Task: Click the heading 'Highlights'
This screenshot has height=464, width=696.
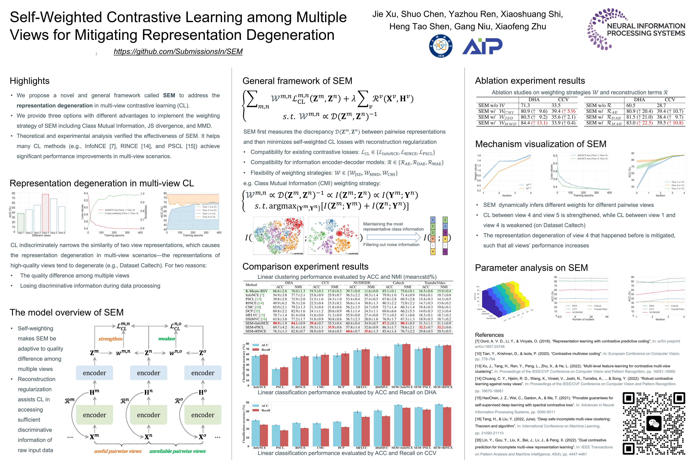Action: [30, 81]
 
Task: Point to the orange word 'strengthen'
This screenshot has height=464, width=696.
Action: [110, 339]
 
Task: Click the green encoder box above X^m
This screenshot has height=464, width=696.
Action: [94, 415]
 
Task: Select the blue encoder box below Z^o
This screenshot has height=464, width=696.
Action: [203, 373]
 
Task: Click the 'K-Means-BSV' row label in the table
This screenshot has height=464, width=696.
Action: [256, 291]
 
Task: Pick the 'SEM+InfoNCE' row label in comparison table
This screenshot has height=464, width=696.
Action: [257, 323]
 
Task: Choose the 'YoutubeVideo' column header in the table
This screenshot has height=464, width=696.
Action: [435, 283]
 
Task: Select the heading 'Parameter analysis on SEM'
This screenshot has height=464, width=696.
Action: [531, 268]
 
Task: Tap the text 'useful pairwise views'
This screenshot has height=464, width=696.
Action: [118, 451]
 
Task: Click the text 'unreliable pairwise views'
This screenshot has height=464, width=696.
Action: [177, 451]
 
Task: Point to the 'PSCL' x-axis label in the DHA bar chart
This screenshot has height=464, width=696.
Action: [280, 387]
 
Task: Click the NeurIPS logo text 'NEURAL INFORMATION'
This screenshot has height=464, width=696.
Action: [646, 26]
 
